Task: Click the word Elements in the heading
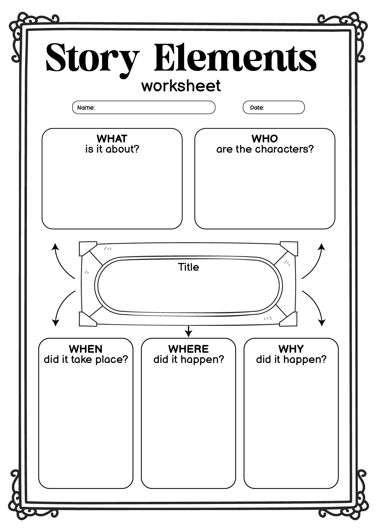pos(235,57)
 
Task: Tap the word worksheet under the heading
pos(181,86)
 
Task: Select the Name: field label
pos(86,108)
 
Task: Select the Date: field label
pos(257,108)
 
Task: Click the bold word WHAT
pos(112,138)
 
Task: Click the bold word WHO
pos(265,138)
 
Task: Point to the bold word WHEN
pos(86,349)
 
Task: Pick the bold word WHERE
pos(188,349)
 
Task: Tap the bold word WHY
pos(291,349)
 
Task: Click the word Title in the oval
pos(188,267)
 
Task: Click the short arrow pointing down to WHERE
pos(188,332)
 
